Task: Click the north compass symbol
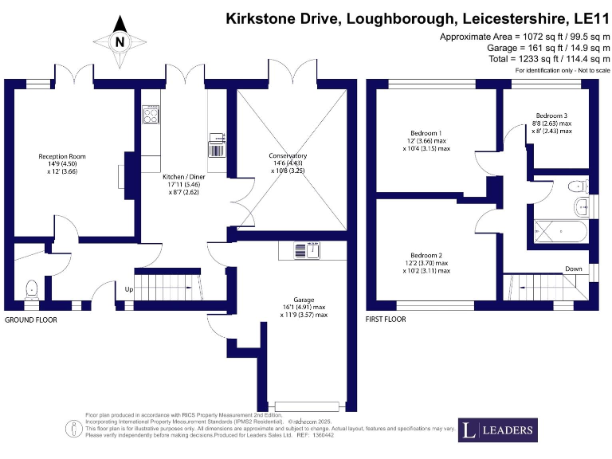[119, 41]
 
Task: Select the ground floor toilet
[32, 288]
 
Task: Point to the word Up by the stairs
[128, 289]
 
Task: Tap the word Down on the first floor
[573, 269]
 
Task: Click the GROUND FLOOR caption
[31, 320]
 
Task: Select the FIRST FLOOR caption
[386, 320]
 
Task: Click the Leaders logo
[498, 430]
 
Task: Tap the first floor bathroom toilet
[576, 186]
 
